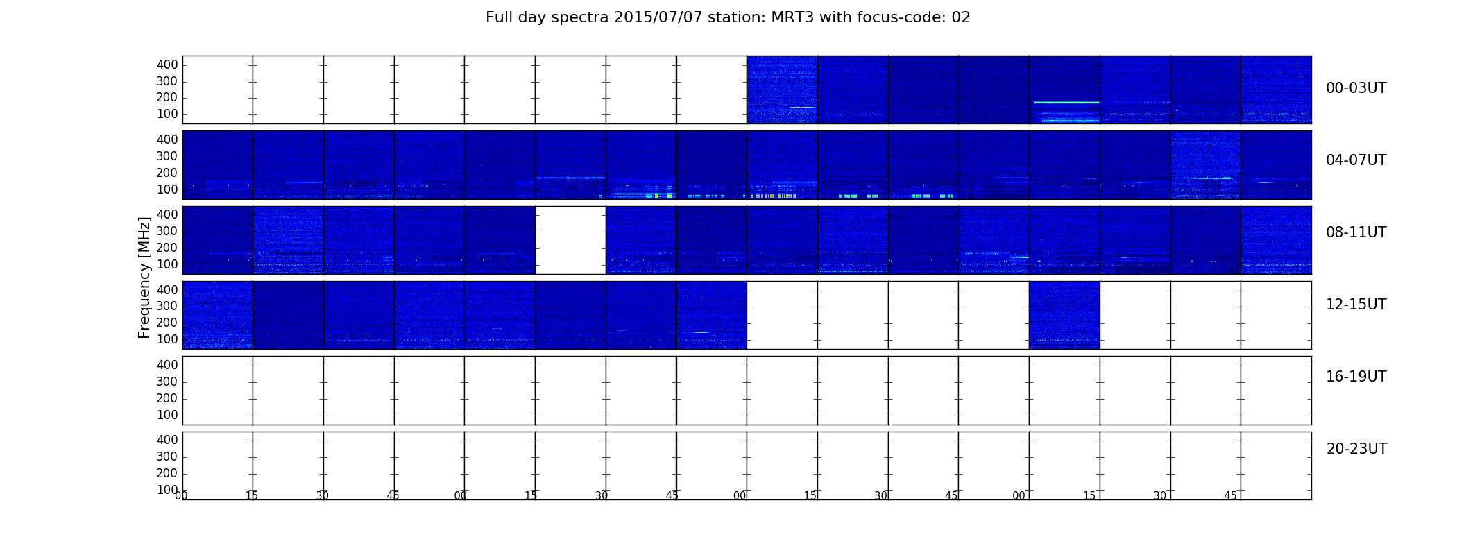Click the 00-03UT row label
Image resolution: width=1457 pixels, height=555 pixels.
1356,88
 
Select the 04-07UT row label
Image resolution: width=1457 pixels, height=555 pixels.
1356,160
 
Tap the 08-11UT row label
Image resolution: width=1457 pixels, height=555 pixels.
1356,232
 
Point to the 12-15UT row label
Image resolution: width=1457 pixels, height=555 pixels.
1356,305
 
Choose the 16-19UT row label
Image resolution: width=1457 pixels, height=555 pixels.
1356,377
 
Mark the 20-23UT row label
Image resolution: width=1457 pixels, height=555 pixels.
1356,449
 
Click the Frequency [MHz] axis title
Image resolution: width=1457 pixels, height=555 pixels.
144,277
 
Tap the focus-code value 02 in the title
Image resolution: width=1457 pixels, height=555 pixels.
962,17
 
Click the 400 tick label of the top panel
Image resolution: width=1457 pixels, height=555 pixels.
167,65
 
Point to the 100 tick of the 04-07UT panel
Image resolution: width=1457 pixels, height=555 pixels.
167,189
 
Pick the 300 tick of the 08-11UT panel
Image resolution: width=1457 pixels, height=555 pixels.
167,231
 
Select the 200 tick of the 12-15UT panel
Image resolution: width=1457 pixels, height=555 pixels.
167,323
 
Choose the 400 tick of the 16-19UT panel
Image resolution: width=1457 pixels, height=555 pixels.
167,365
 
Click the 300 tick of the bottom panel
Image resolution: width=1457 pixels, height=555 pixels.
167,456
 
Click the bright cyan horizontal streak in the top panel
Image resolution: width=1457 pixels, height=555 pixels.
1066,103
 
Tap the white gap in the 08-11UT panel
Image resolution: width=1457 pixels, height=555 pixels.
570,240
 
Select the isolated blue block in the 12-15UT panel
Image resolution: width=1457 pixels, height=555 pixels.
1064,315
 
